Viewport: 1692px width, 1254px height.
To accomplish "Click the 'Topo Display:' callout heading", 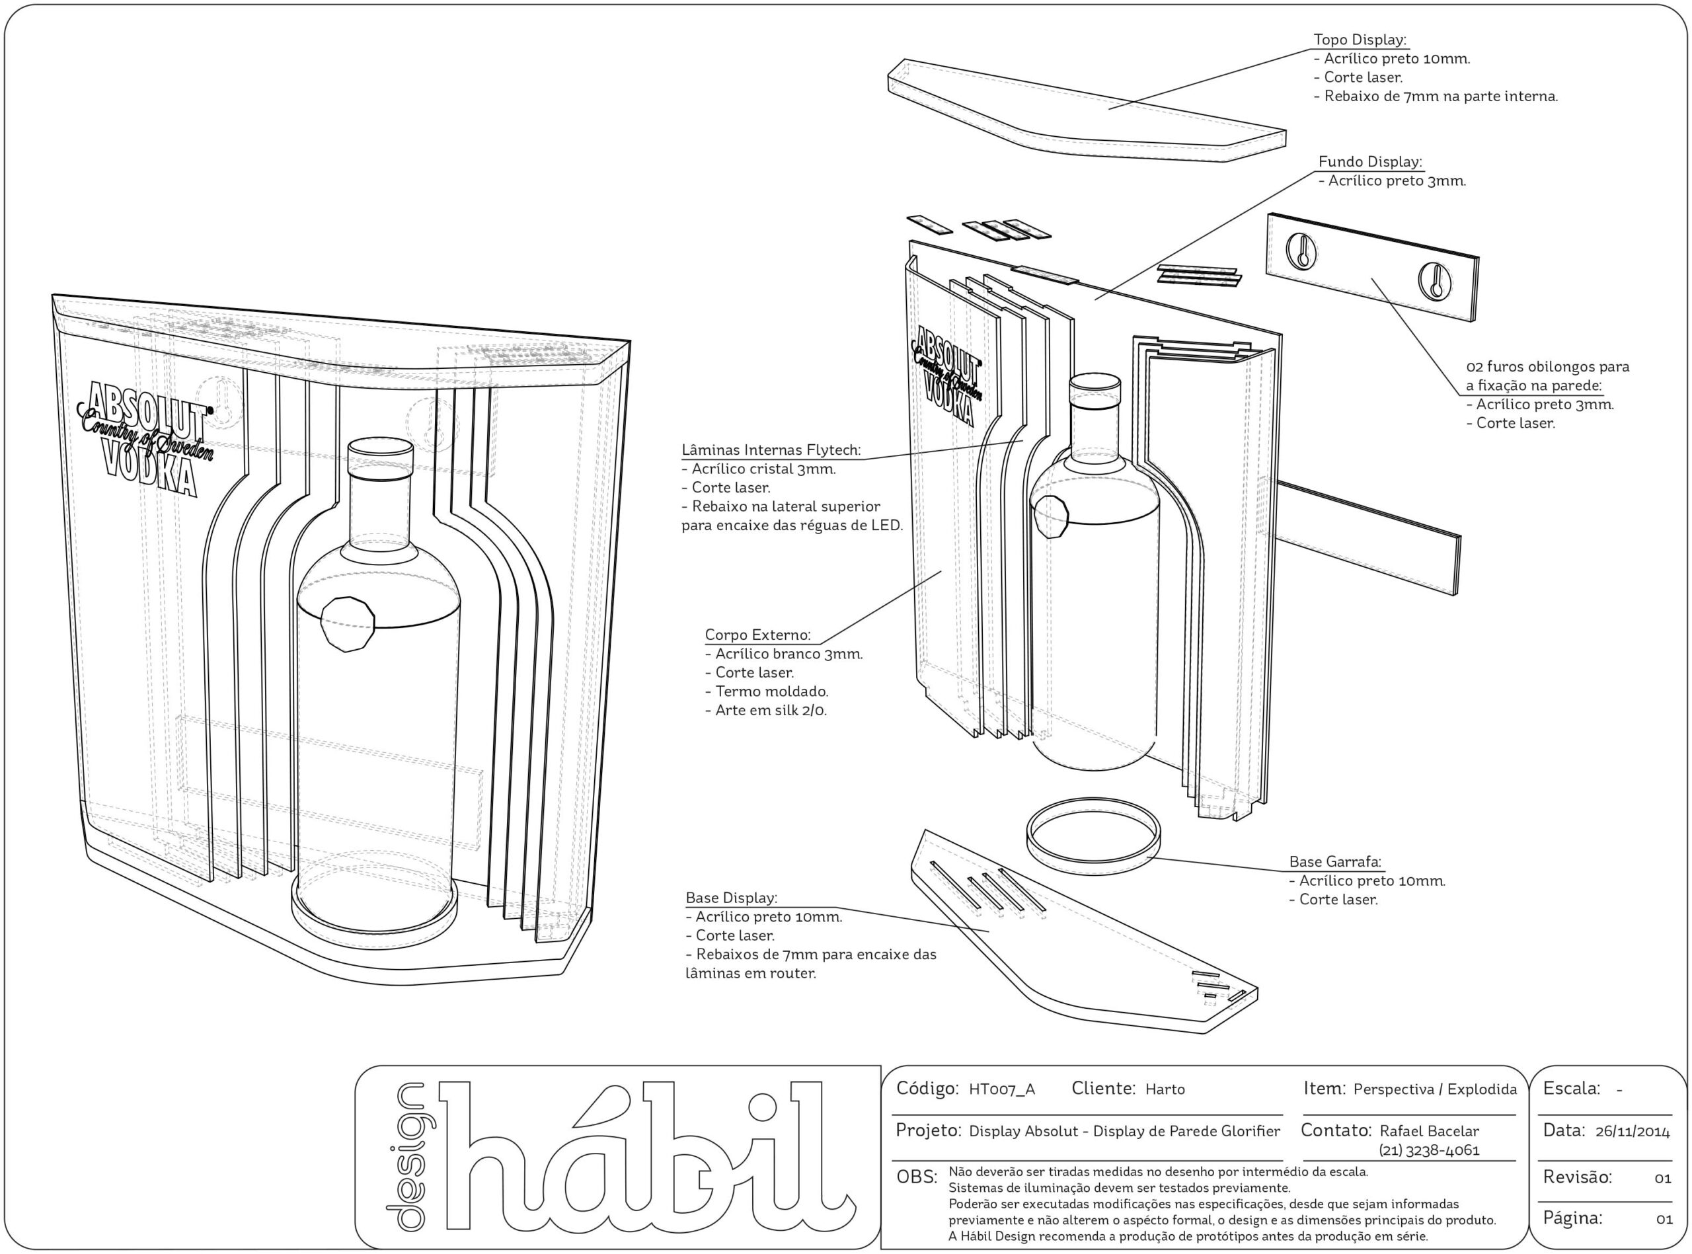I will [1360, 40].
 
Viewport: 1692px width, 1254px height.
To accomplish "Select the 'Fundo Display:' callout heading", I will [1369, 162].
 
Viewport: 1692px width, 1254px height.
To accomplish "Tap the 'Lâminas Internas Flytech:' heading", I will [771, 450].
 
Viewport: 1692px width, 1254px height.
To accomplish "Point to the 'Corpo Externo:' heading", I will [757, 635].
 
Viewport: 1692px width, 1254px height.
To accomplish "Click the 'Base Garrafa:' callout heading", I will [1335, 861].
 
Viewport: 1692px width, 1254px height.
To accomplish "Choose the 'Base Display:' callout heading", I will [732, 898].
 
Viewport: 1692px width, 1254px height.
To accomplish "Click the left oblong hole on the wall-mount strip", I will [1301, 251].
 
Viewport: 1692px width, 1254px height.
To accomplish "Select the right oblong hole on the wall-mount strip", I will [1435, 281].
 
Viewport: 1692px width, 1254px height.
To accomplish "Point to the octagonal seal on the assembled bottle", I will [348, 623].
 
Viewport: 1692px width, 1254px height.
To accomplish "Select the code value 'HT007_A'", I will [1001, 1090].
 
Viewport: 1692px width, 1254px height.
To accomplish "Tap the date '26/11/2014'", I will [1632, 1132].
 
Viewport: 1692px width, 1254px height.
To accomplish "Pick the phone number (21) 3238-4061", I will [1429, 1150].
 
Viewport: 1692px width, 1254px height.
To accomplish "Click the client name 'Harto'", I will [1165, 1090].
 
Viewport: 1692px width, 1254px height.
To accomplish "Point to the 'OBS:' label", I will [917, 1177].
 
